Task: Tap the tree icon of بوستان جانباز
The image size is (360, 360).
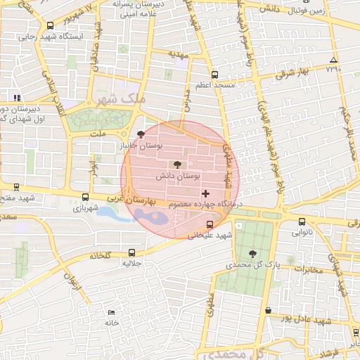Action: pyautogui.click(x=141, y=134)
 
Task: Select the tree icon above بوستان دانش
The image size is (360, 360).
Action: pyautogui.click(x=176, y=164)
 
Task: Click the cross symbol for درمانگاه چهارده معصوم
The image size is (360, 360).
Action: pyautogui.click(x=205, y=193)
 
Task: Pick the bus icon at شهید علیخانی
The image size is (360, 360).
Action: pyautogui.click(x=208, y=225)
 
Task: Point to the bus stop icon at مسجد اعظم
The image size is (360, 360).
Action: pyautogui.click(x=214, y=74)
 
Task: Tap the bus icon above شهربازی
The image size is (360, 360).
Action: pyautogui.click(x=86, y=198)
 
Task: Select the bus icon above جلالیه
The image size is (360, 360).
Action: pyautogui.click(x=132, y=252)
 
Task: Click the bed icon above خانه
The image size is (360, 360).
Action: pyautogui.click(x=111, y=312)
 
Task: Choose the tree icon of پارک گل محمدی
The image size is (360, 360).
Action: pyautogui.click(x=252, y=254)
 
